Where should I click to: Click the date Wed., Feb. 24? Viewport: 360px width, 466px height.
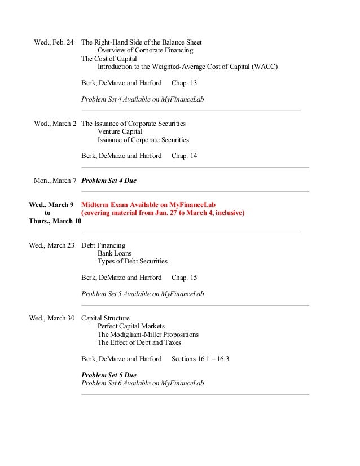click(x=54, y=42)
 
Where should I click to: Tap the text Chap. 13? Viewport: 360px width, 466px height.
click(x=184, y=83)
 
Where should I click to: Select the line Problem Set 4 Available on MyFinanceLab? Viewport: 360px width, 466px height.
click(x=142, y=99)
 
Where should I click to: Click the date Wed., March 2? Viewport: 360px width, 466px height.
click(x=55, y=124)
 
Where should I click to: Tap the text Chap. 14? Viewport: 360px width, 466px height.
click(x=184, y=156)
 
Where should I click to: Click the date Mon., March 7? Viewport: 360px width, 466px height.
click(x=55, y=181)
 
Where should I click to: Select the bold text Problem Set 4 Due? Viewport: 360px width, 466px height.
click(x=109, y=181)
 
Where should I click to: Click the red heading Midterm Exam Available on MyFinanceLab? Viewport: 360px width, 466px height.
click(x=148, y=205)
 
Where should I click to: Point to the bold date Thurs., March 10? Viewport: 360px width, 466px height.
click(x=55, y=221)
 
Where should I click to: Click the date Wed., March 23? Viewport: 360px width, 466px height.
click(x=52, y=245)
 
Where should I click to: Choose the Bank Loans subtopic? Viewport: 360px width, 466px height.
click(x=115, y=253)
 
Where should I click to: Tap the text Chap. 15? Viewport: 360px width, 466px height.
click(x=184, y=278)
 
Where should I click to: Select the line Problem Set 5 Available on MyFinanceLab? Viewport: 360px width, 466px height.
click(x=142, y=294)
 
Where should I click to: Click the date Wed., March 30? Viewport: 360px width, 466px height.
click(x=52, y=318)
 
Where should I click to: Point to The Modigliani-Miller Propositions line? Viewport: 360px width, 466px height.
click(x=148, y=335)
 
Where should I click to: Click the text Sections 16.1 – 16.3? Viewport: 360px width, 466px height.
click(x=200, y=359)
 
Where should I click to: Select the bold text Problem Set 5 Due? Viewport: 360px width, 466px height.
click(x=109, y=375)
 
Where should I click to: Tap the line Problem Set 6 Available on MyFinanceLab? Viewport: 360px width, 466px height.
click(x=142, y=383)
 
